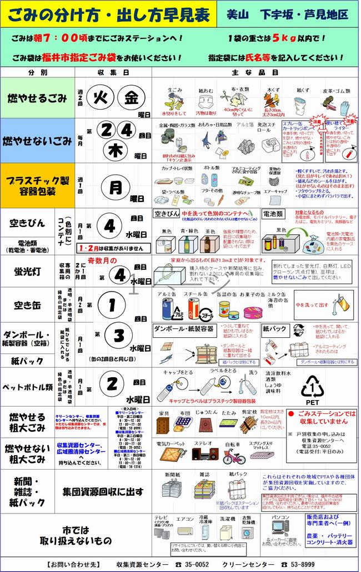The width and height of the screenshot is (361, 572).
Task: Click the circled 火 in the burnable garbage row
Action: [102, 97]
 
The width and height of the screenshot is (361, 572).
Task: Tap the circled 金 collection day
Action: [131, 97]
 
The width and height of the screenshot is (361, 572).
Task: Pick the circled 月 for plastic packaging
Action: [115, 188]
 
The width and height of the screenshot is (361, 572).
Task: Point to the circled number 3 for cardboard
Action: [118, 335]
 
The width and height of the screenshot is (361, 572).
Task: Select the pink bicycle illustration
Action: [234, 456]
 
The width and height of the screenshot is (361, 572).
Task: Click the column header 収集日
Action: [113, 72]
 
